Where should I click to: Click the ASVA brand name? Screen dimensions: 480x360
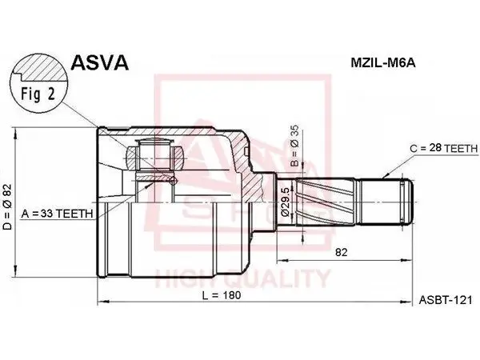coord(99,62)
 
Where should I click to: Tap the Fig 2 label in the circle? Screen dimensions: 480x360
coord(38,94)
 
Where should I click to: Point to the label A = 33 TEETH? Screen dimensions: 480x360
coord(57,214)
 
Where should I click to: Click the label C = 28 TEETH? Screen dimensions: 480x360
coord(444,149)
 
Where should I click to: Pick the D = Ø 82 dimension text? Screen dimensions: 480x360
coord(7,206)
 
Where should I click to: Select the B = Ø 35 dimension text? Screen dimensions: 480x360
coord(294,146)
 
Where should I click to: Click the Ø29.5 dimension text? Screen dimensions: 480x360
coord(285,202)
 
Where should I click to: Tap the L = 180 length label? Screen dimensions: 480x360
coord(222,294)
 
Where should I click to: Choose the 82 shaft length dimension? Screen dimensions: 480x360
coord(342,253)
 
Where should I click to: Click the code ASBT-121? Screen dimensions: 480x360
coord(446,300)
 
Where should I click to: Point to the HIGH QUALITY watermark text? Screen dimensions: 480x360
coord(242,278)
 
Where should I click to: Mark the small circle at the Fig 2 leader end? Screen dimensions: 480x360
coord(173,181)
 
